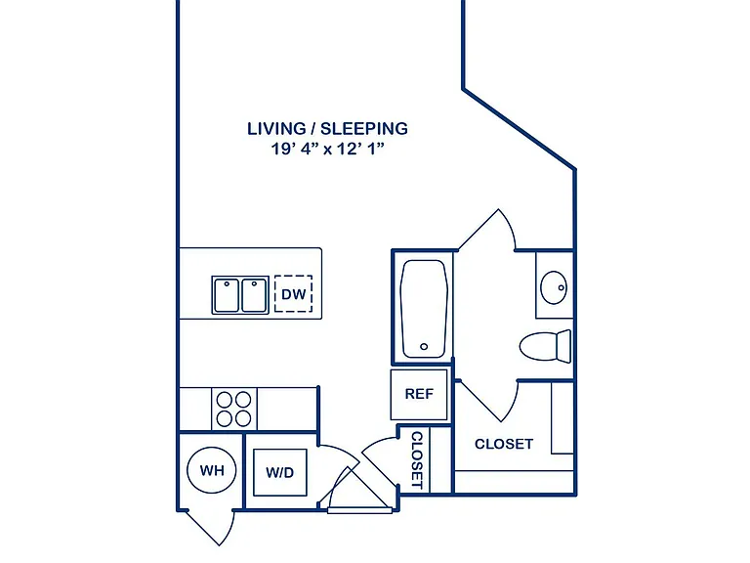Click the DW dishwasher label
(x=293, y=294)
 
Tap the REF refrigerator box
(x=419, y=394)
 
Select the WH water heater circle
(x=211, y=469)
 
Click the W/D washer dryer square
(x=280, y=472)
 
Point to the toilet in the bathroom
(x=545, y=346)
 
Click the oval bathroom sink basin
(x=554, y=287)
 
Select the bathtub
(x=424, y=309)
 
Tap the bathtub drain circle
(x=424, y=347)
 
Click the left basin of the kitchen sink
(x=227, y=296)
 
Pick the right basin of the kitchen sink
(x=254, y=296)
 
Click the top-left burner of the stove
(x=225, y=399)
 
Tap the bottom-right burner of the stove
(x=243, y=418)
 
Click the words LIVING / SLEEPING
(x=328, y=128)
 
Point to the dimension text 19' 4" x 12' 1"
(x=328, y=149)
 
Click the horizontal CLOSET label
(x=504, y=444)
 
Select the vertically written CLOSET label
(x=417, y=460)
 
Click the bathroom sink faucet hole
(x=562, y=287)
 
